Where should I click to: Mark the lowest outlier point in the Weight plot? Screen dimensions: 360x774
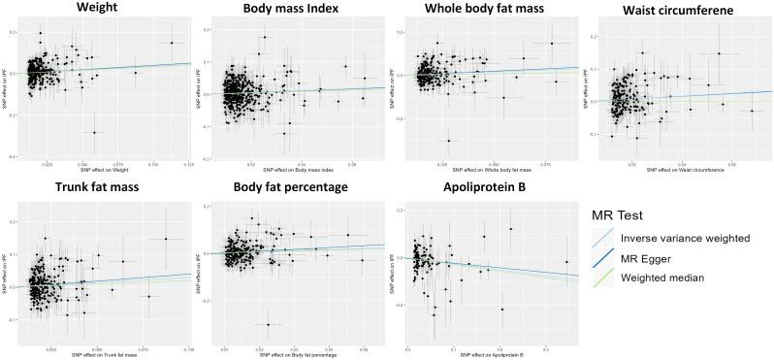pyautogui.click(x=94, y=132)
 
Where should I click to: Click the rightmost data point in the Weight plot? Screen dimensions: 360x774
pyautogui.click(x=171, y=43)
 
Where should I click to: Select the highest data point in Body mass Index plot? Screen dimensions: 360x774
pyautogui.click(x=263, y=38)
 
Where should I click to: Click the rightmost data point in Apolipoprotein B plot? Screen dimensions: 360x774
pyautogui.click(x=566, y=262)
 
